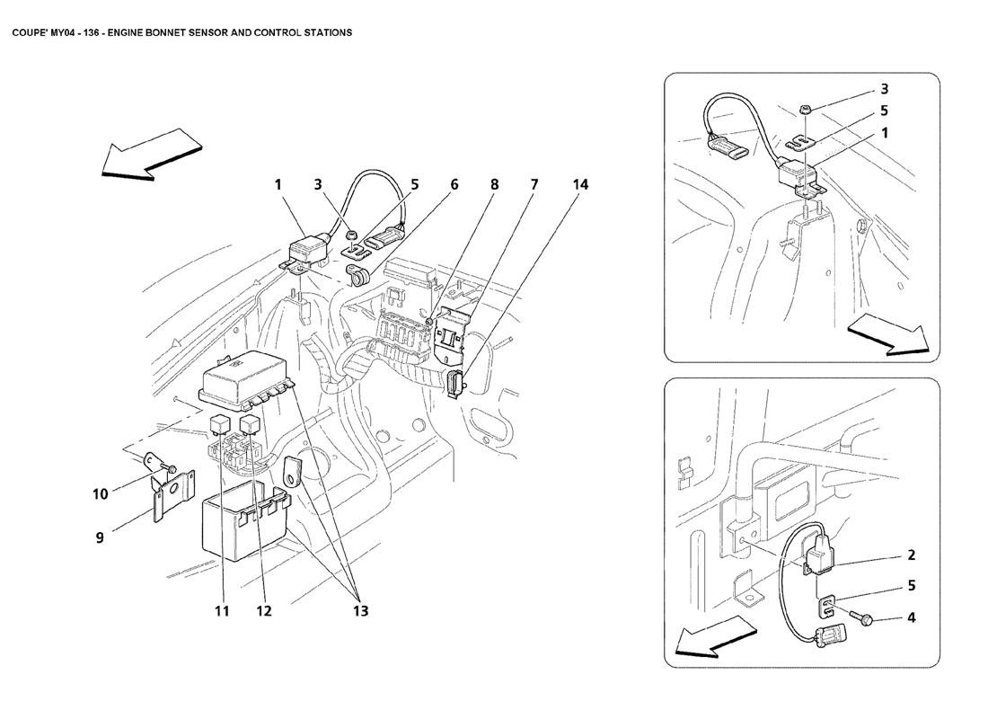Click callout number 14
580,184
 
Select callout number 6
454,184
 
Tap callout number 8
495,184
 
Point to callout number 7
534,184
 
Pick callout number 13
360,610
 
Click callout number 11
222,610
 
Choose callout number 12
263,610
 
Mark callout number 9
100,538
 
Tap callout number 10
101,493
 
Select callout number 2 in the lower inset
911,555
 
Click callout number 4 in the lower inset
911,617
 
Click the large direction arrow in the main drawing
151,155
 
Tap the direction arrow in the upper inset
888,336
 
